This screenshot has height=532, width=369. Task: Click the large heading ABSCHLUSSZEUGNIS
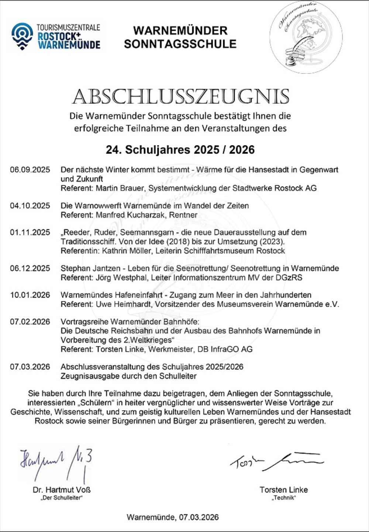pyautogui.click(x=180, y=97)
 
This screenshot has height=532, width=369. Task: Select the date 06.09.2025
pyautogui.click(x=30, y=170)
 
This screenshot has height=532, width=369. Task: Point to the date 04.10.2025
pyautogui.click(x=30, y=206)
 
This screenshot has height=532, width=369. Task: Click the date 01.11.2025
pyautogui.click(x=30, y=233)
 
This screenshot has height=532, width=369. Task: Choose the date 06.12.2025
pyautogui.click(x=30, y=268)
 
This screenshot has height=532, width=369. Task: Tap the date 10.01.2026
pyautogui.click(x=30, y=295)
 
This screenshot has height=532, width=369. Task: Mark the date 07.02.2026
pyautogui.click(x=30, y=322)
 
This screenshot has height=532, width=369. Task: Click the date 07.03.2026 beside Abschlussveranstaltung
pyautogui.click(x=30, y=367)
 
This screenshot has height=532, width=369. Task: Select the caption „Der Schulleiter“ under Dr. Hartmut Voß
pyautogui.click(x=62, y=498)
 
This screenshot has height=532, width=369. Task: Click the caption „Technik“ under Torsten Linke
pyautogui.click(x=283, y=498)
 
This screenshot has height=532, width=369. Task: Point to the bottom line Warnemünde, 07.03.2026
pyautogui.click(x=173, y=517)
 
